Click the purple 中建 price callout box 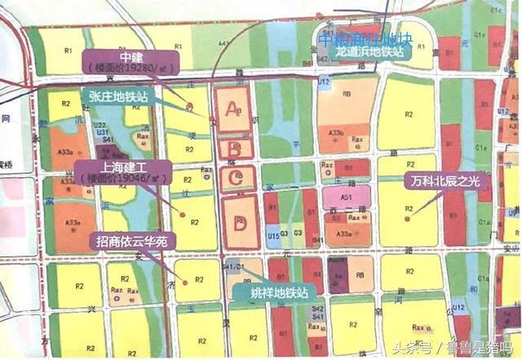pyautogui.click(x=131, y=62)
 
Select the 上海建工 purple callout pyautogui.click(x=122, y=171)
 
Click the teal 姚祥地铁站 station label pyautogui.click(x=273, y=292)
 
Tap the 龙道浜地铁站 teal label pyautogui.click(x=370, y=51)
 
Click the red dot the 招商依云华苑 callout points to pyautogui.click(x=187, y=282)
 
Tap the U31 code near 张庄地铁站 pyautogui.click(x=102, y=131)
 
